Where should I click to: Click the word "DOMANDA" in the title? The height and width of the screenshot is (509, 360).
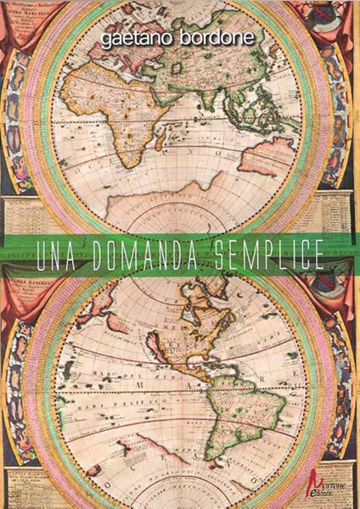click(148, 255)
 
